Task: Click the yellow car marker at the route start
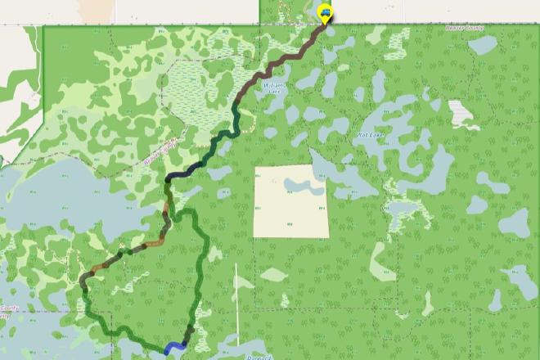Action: pos(325,13)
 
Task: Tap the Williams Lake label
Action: pos(272,89)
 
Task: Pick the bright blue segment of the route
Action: pos(173,348)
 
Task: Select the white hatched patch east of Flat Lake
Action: pos(463,114)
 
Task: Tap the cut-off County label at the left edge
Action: pos(7,311)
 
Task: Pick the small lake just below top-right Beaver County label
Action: pos(482,45)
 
